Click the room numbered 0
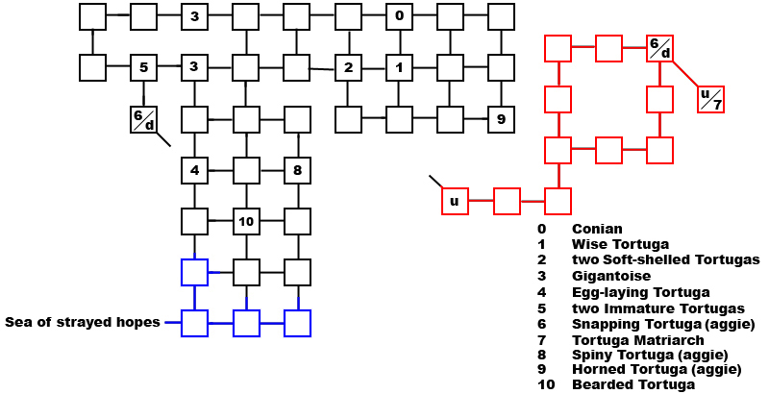pyautogui.click(x=399, y=16)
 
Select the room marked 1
pyautogui.click(x=399, y=68)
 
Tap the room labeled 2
pyautogui.click(x=348, y=68)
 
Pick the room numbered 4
pyautogui.click(x=195, y=171)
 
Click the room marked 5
pyautogui.click(x=143, y=68)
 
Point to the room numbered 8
pyautogui.click(x=298, y=171)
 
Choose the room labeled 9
pyautogui.click(x=501, y=119)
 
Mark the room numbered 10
pyautogui.click(x=246, y=222)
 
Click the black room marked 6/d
pyautogui.click(x=143, y=119)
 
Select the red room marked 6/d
pyautogui.click(x=659, y=47)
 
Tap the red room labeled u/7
pyautogui.click(x=710, y=99)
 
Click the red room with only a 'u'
pyautogui.click(x=455, y=202)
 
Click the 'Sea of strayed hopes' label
pyautogui.click(x=83, y=322)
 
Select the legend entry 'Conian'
pyautogui.click(x=597, y=229)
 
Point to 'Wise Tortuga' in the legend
pyautogui.click(x=620, y=244)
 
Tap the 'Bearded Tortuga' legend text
pyautogui.click(x=633, y=385)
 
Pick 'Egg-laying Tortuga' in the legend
pyautogui.click(x=640, y=291)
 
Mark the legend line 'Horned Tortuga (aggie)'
pyautogui.click(x=657, y=369)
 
